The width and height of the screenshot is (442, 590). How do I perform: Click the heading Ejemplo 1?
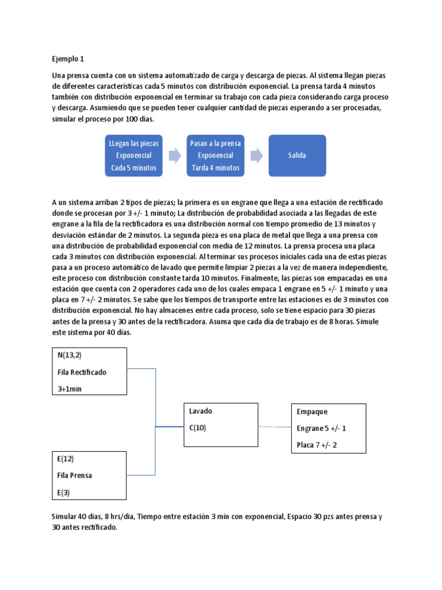click(x=68, y=59)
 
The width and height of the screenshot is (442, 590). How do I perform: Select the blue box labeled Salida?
click(x=297, y=156)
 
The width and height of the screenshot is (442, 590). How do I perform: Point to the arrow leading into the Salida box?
click(x=257, y=156)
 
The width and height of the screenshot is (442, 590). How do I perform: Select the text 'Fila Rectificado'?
click(x=82, y=372)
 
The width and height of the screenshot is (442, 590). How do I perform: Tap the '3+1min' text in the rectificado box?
click(x=70, y=389)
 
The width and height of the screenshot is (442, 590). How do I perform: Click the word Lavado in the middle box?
click(x=201, y=411)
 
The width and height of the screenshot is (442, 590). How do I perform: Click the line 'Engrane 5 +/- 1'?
click(x=322, y=429)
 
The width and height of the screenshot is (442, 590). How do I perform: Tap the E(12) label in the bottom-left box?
click(x=66, y=459)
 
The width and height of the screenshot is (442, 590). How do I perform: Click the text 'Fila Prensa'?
click(x=75, y=476)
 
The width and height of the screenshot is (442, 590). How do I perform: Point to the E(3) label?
click(x=64, y=493)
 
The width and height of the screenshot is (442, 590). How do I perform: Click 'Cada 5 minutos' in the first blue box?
click(x=134, y=168)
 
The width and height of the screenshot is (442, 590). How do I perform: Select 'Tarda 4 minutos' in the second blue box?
click(x=216, y=168)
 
